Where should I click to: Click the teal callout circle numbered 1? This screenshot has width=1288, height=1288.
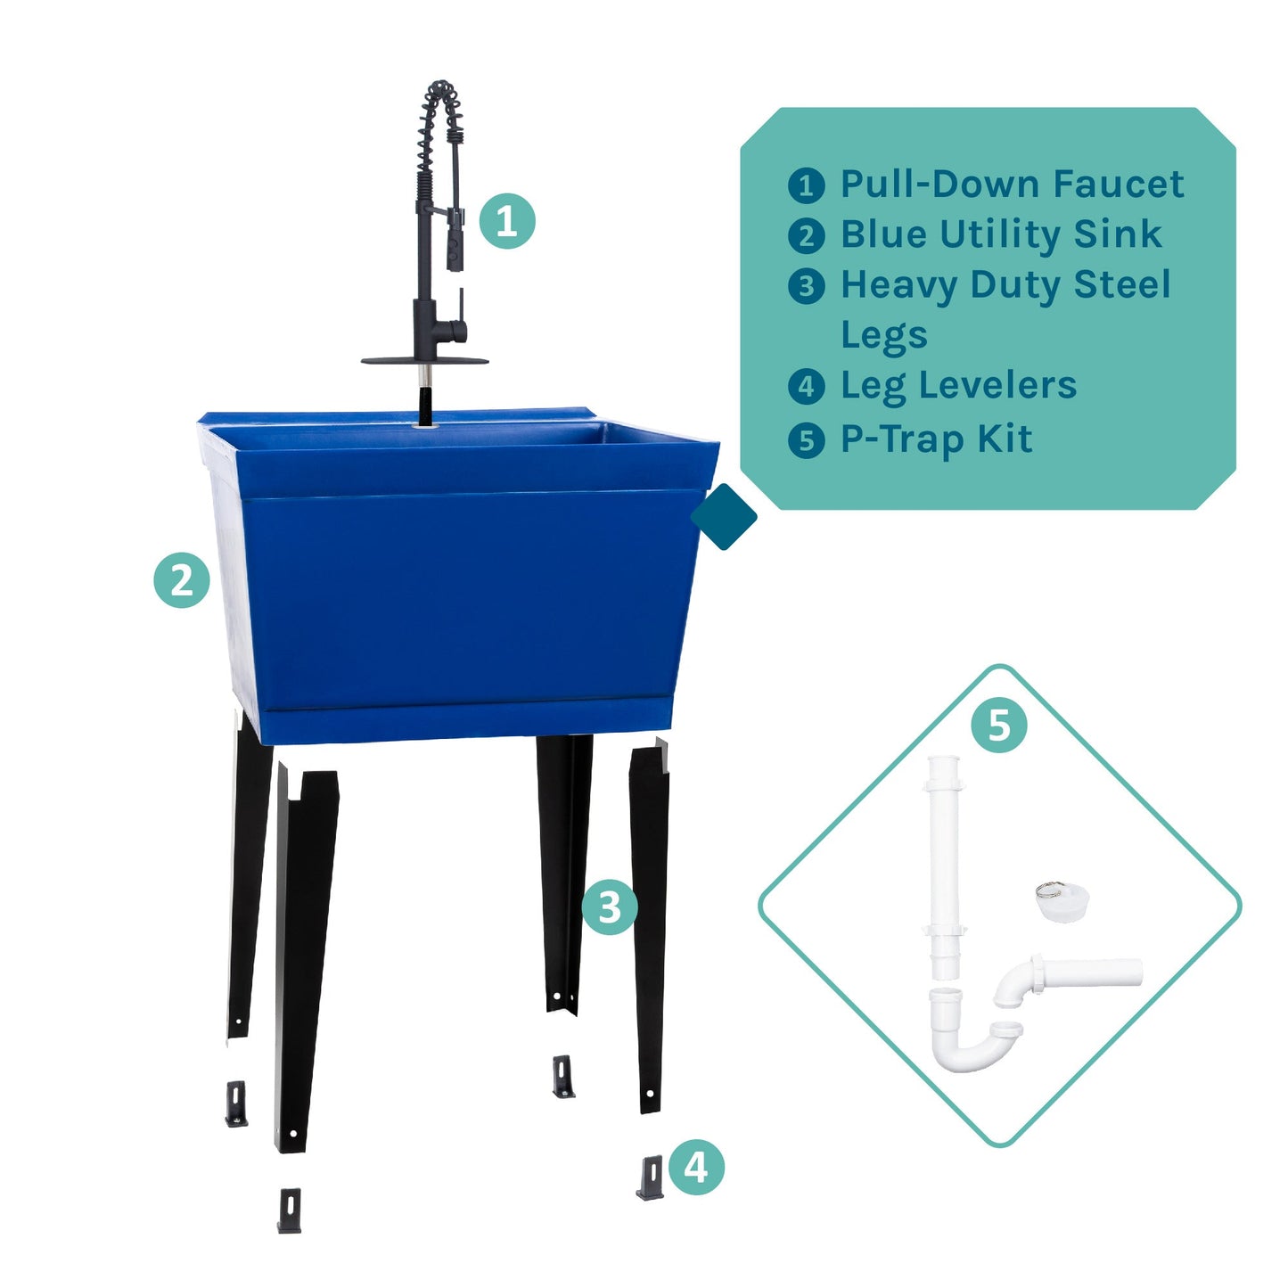click(x=507, y=221)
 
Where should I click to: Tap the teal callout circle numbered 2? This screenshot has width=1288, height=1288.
click(x=182, y=581)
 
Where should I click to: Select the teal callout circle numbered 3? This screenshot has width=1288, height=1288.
click(x=610, y=907)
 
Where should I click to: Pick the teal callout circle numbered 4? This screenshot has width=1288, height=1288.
click(x=696, y=1166)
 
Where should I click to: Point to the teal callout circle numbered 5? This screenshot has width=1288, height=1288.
click(x=999, y=726)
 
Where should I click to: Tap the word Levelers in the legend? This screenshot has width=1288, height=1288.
click(x=997, y=385)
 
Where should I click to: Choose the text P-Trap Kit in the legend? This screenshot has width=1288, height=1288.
click(x=936, y=439)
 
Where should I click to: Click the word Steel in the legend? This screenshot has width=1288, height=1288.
click(x=1121, y=285)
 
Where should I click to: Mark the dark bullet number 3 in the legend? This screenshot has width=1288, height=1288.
click(x=807, y=286)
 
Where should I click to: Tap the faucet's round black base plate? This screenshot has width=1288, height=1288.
click(x=424, y=361)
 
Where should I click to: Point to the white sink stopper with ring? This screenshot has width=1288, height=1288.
click(x=1062, y=902)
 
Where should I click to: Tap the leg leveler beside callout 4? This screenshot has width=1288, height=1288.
click(x=651, y=1177)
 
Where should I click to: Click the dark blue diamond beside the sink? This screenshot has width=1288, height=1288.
click(x=724, y=517)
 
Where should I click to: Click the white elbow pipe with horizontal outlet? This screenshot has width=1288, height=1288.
click(x=1070, y=975)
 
